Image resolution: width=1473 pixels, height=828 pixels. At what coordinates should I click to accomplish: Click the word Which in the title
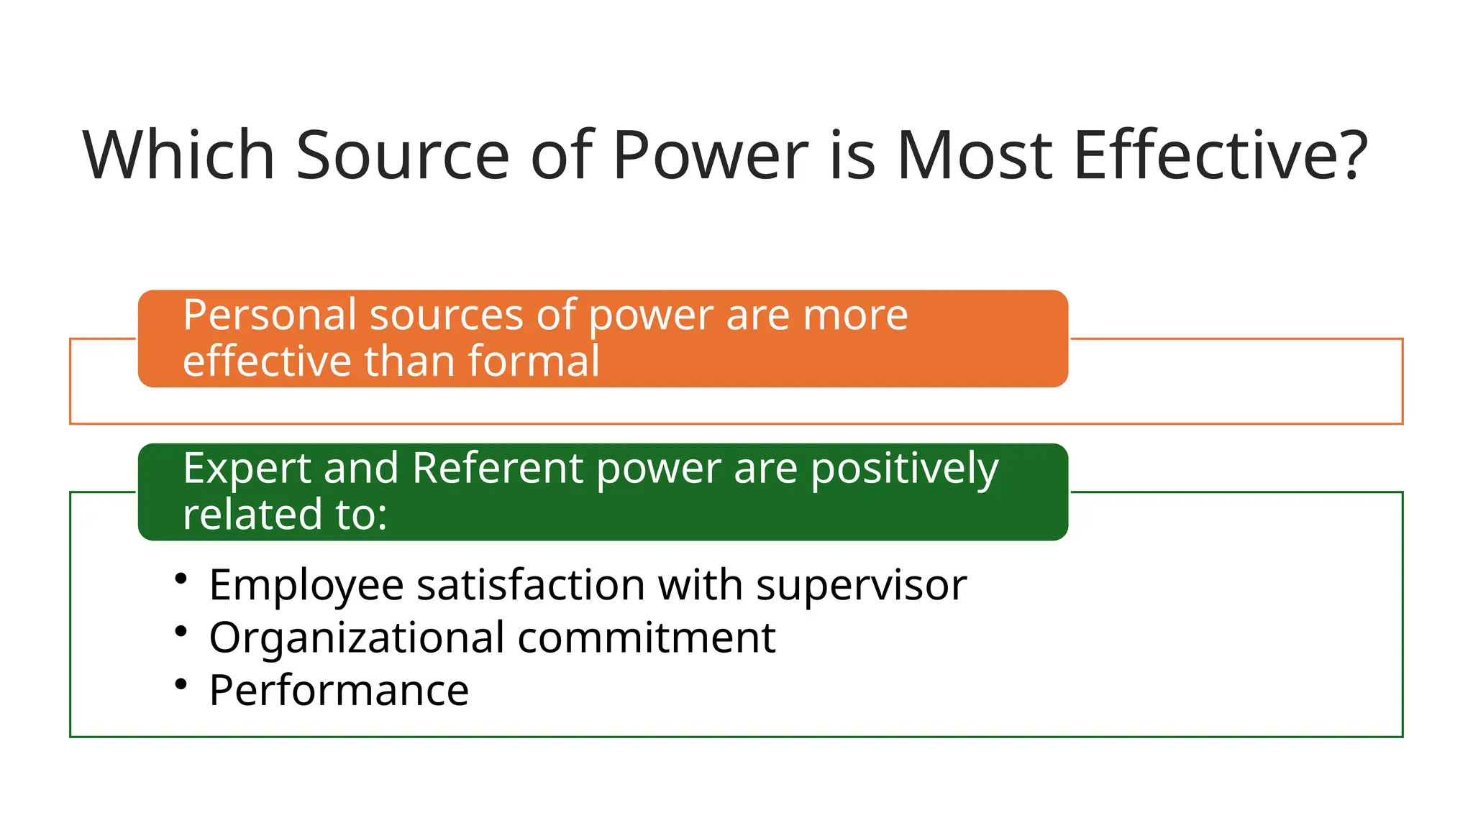pos(178,155)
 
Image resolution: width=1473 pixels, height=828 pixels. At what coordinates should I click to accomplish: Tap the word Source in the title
pos(402,155)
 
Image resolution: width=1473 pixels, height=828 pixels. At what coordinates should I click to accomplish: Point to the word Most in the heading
pos(974,155)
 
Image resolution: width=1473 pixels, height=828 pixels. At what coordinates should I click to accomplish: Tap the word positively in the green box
pos(904,470)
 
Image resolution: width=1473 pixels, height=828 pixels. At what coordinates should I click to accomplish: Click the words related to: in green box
pos(285,515)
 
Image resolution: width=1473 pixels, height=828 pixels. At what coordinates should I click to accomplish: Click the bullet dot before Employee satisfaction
pos(181,579)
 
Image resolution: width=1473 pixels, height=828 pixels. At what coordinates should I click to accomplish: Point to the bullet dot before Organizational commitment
pos(181,631)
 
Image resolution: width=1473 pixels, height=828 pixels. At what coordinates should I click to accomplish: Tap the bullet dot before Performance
pos(181,684)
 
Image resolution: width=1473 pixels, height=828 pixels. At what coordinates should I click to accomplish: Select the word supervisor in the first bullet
pos(861,586)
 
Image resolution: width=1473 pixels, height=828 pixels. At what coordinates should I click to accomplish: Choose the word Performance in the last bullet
pos(339,691)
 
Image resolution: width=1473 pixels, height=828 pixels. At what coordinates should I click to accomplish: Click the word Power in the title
pos(711,155)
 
